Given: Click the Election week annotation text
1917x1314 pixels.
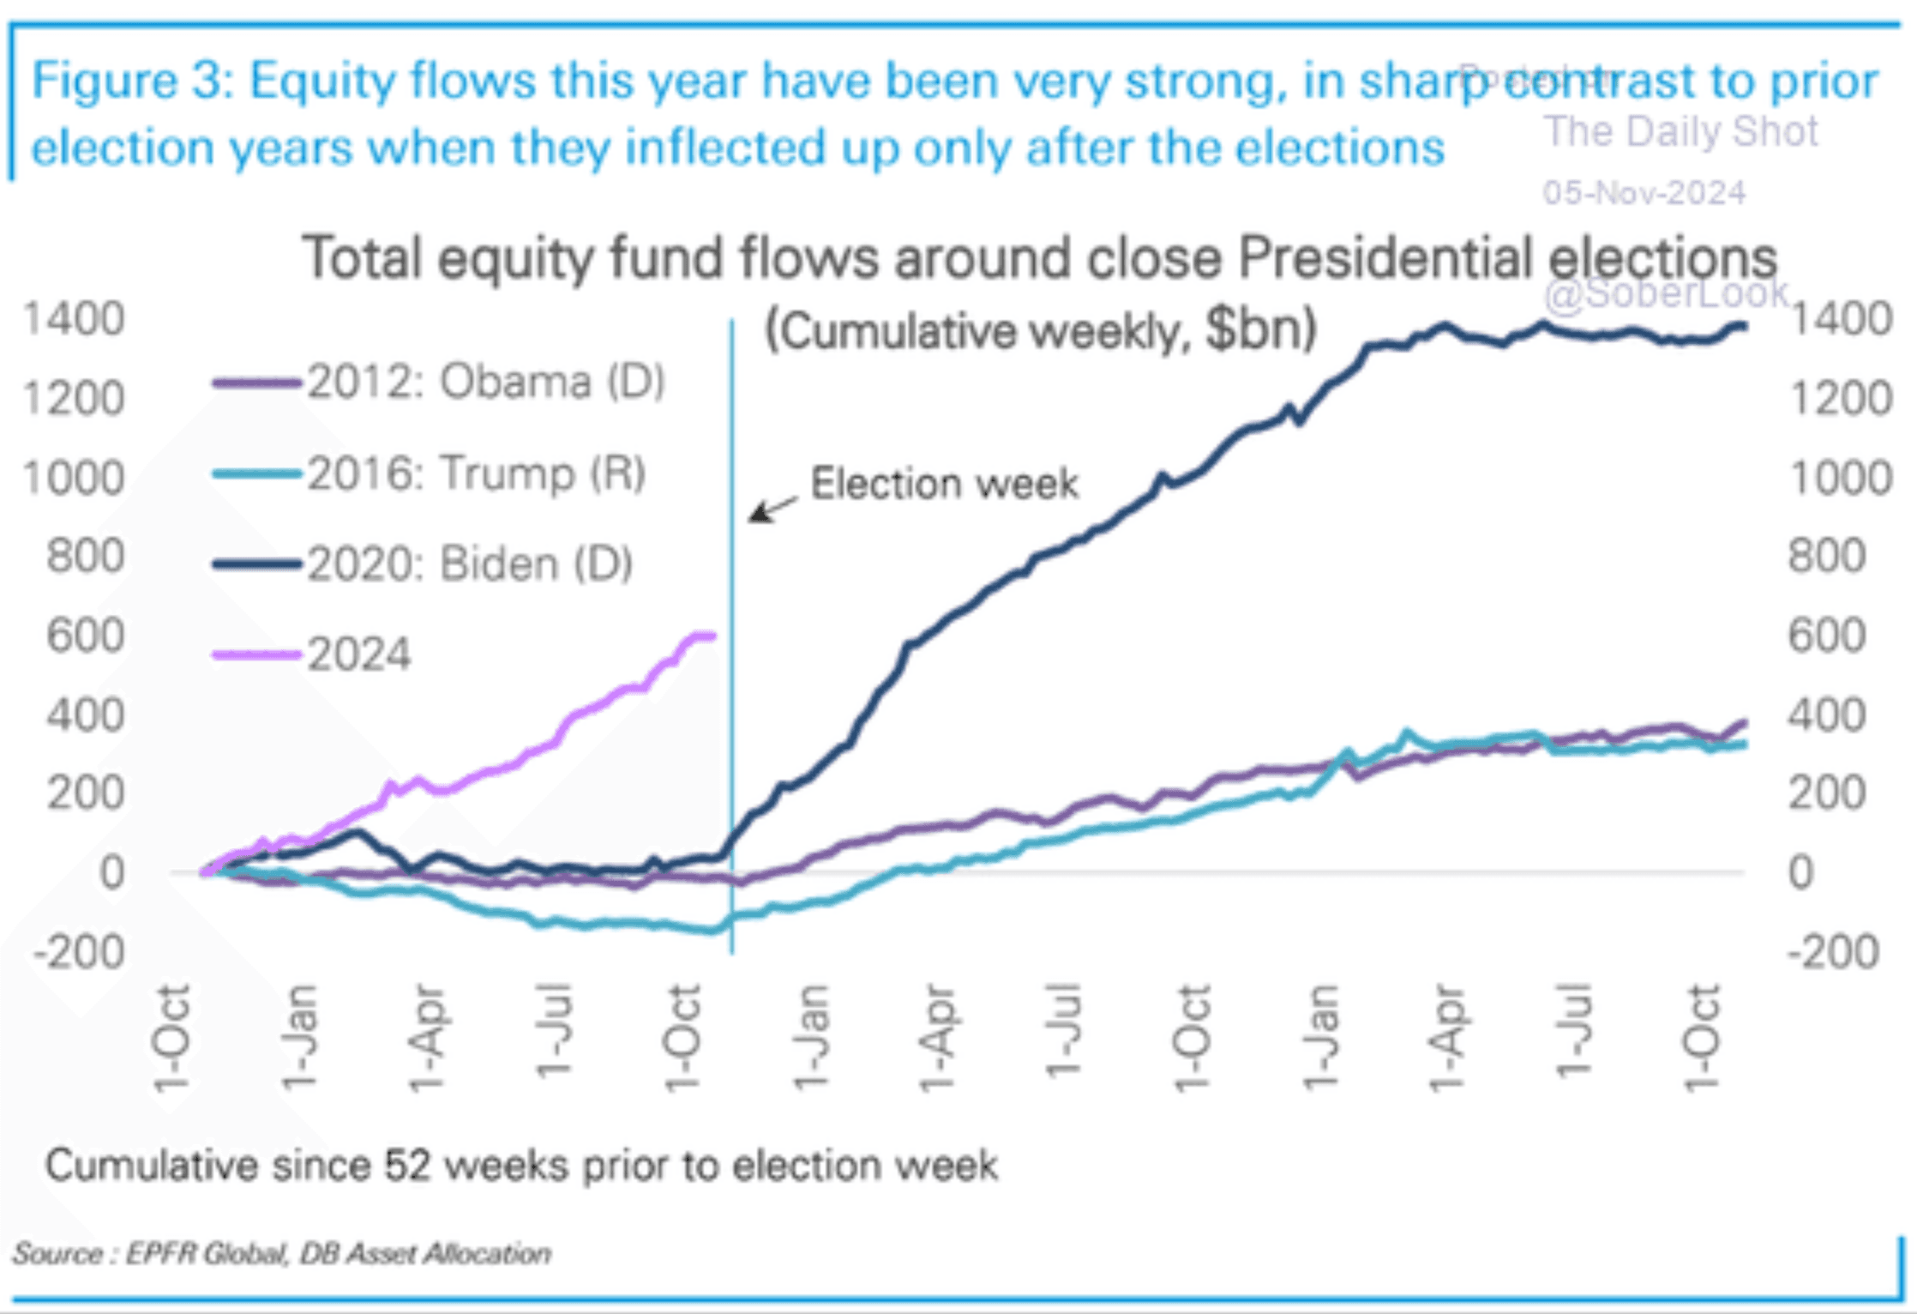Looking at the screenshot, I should [x=944, y=484].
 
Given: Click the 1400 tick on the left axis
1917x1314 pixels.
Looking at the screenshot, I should [x=74, y=319].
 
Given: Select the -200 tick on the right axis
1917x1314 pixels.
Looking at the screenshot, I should [x=1833, y=952].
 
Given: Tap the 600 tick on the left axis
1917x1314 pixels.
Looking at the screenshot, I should [x=85, y=636].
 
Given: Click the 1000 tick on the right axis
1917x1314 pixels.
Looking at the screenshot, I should [x=1840, y=478].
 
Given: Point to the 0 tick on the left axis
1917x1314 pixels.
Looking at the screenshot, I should [x=111, y=873].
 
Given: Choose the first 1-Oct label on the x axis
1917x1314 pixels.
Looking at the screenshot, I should [x=171, y=1039].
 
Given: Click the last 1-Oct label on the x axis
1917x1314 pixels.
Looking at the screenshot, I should [x=1703, y=1039].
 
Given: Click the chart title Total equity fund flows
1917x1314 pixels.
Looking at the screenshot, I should [x=1038, y=257].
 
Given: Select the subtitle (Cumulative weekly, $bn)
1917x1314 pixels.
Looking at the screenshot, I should [x=1040, y=330].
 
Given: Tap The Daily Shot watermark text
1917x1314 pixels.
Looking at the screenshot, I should [x=1680, y=132].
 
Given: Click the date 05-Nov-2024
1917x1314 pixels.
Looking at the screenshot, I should [x=1644, y=193].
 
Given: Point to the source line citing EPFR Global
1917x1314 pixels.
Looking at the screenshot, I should [x=282, y=1254].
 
